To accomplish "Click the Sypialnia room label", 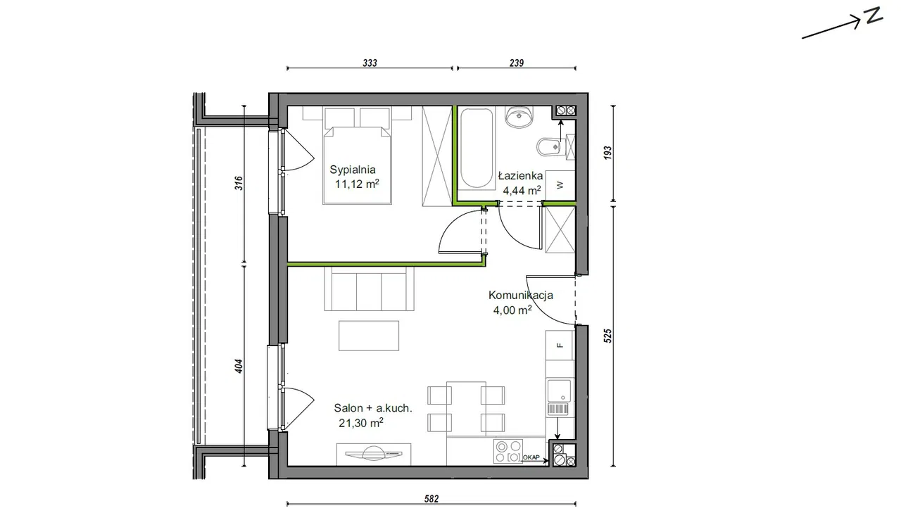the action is point(353,170).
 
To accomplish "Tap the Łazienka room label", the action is point(520,176).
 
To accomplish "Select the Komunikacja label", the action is point(520,296).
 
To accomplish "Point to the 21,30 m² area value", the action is point(361,423).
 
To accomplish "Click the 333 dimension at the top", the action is point(370,63).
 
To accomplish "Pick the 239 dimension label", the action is point(517,63).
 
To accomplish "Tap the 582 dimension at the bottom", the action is point(431,499).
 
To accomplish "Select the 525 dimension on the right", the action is point(607,336).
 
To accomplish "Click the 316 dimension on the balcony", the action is point(239,183).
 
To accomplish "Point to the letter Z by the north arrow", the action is point(874,15).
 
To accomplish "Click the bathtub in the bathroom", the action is point(477,148).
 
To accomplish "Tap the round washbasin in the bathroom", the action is point(519,117).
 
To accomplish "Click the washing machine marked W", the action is point(560,185).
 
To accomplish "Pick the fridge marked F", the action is point(560,345).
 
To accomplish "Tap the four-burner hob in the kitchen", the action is point(508,451).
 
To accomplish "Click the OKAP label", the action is point(531,457).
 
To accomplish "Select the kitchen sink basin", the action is point(559,390).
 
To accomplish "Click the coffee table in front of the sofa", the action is point(369,336).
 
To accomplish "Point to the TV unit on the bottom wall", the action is point(374,455).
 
